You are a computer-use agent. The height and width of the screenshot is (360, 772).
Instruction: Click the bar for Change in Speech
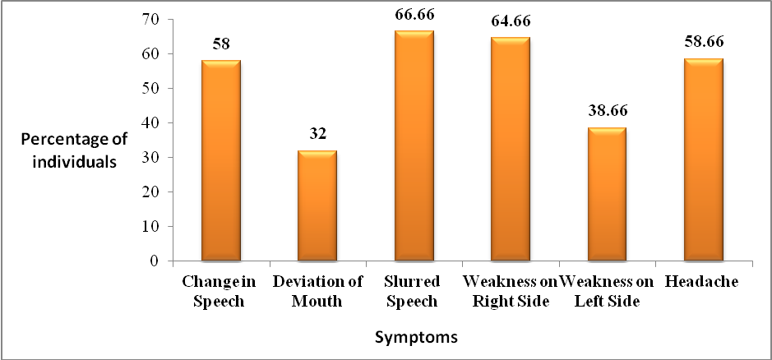[x=220, y=160]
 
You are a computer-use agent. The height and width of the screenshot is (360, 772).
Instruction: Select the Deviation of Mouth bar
[x=317, y=205]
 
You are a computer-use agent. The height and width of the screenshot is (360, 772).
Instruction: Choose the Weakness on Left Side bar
[x=607, y=194]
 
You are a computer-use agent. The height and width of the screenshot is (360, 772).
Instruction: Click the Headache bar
[x=704, y=159]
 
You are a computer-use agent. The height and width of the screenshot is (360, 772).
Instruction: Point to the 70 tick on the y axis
[x=154, y=19]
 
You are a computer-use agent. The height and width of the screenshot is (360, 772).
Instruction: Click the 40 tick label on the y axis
[x=154, y=122]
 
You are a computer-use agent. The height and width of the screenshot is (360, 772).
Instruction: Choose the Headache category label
[x=704, y=282]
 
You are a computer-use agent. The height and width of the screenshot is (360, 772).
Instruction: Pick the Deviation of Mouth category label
[x=317, y=291]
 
